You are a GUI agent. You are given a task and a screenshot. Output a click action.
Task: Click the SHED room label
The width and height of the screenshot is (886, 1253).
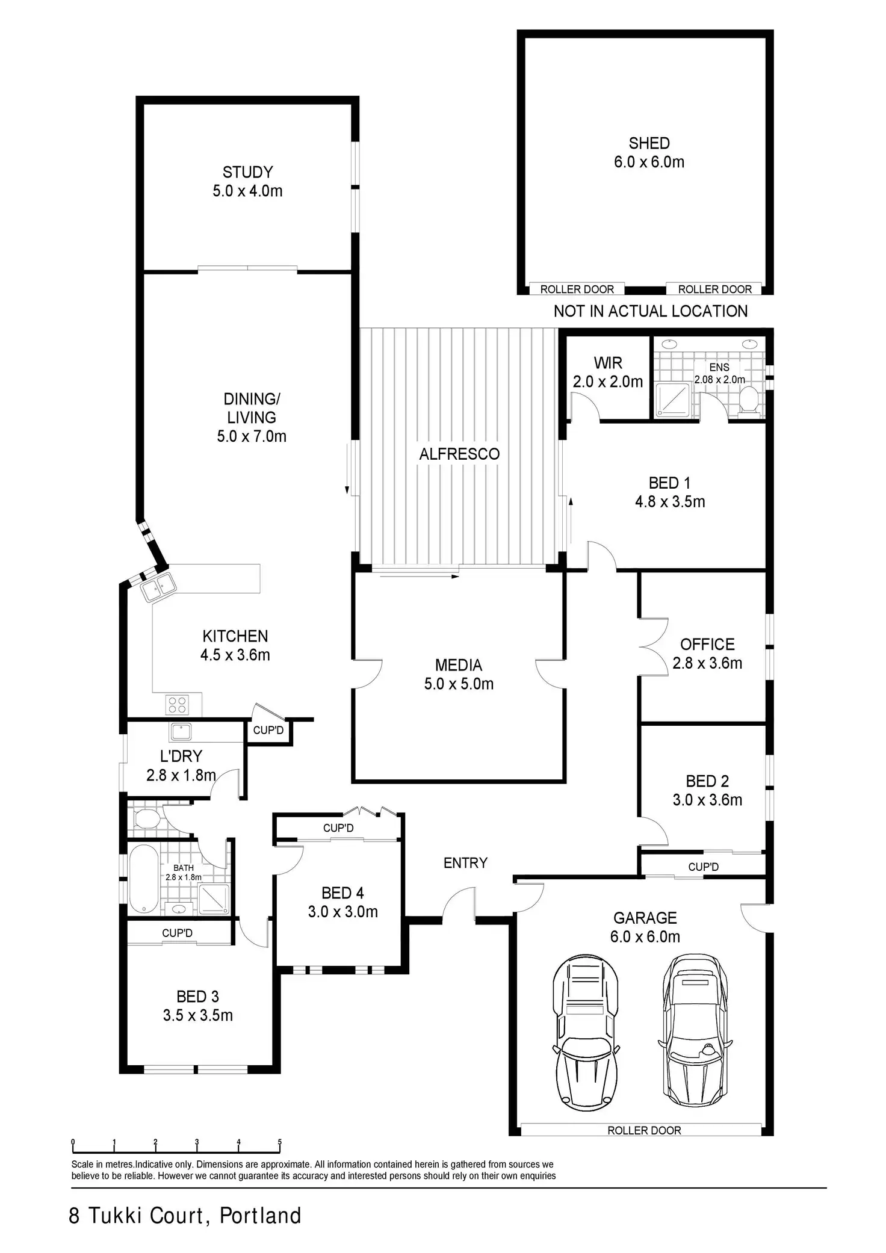click(649, 152)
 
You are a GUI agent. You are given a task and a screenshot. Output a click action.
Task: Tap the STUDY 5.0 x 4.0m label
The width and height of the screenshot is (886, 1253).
click(247, 181)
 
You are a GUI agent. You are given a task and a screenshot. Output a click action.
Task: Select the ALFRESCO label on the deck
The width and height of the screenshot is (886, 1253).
click(459, 454)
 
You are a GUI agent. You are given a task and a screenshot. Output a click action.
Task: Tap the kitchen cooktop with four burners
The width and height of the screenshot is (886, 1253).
click(178, 704)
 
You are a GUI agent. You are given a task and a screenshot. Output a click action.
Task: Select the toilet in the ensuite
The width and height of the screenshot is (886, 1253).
click(749, 400)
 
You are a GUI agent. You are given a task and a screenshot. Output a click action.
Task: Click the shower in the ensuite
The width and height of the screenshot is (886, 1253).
click(674, 399)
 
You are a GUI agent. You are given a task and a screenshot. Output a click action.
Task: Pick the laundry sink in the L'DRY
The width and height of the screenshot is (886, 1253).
click(181, 732)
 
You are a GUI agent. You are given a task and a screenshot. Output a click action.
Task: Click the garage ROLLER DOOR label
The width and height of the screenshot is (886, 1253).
click(644, 1130)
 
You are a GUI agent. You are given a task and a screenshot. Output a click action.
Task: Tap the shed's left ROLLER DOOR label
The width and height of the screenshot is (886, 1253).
click(577, 289)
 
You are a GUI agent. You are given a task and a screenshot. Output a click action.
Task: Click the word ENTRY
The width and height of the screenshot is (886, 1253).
click(465, 863)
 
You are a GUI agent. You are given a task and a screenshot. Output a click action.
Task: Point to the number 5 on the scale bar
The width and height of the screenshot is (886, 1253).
click(280, 1142)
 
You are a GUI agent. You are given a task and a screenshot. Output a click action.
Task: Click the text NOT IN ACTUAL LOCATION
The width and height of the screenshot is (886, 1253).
click(651, 311)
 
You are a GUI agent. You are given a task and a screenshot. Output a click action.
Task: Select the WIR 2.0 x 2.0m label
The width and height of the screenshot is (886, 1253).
click(608, 372)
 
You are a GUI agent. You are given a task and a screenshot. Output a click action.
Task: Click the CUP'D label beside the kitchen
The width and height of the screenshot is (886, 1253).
click(268, 730)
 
